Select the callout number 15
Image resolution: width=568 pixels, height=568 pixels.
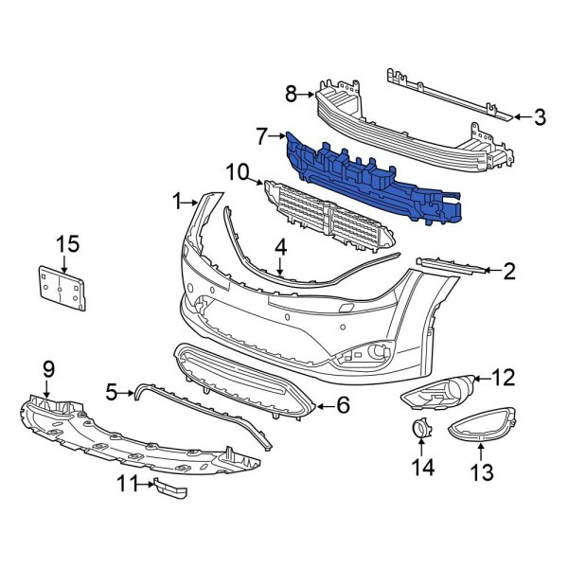66,243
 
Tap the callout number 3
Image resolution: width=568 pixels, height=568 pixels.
539,118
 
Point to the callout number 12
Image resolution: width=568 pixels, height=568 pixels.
504,379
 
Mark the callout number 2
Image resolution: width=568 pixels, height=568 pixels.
509,273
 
